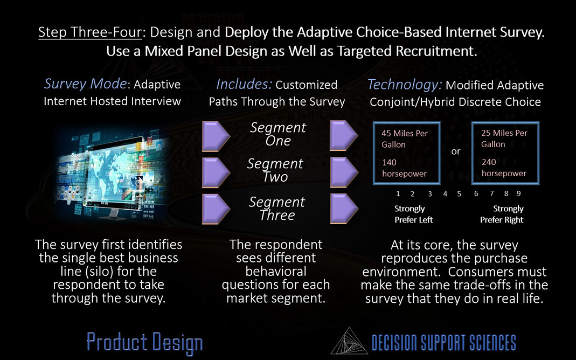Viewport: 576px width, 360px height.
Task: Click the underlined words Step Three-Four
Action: [89, 32]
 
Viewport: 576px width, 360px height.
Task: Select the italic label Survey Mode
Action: [85, 84]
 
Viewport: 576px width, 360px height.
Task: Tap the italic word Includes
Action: [244, 85]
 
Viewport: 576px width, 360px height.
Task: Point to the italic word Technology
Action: [404, 85]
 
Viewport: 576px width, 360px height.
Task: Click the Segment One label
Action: [278, 134]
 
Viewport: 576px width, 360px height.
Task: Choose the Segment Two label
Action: [275, 170]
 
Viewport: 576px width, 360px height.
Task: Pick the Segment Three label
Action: [277, 208]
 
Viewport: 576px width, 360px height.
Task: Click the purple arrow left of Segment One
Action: [216, 136]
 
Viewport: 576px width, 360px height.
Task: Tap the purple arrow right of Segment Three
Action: [344, 209]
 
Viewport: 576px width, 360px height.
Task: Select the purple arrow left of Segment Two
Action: [216, 172]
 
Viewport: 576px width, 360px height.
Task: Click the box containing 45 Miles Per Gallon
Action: [407, 153]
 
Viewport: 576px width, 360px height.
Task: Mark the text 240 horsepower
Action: [504, 168]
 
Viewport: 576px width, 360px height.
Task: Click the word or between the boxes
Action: [455, 151]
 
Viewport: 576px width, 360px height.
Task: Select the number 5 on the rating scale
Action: [459, 194]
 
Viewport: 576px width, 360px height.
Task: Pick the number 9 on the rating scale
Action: [519, 193]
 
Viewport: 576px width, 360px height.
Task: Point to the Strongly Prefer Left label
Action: [413, 214]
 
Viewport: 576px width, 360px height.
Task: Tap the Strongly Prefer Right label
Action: [502, 214]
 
